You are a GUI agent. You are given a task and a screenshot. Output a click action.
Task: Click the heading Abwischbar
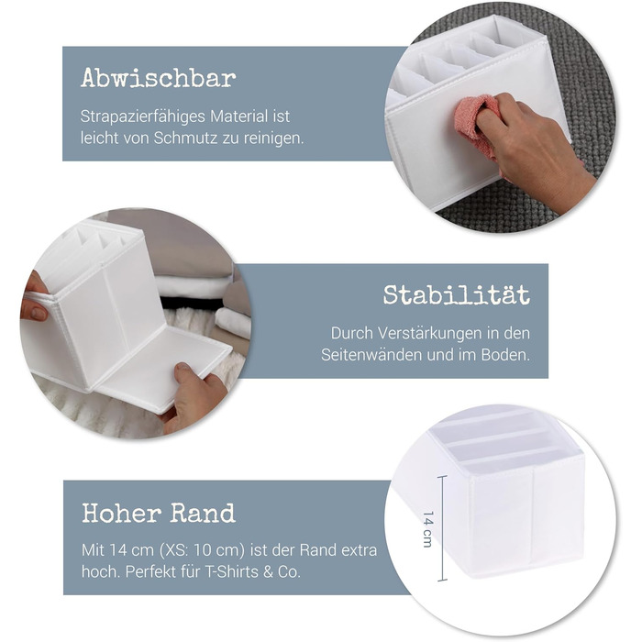[159, 78]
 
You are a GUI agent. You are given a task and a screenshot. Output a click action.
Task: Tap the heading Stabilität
[457, 294]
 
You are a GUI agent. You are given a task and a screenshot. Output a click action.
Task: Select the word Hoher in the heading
[122, 513]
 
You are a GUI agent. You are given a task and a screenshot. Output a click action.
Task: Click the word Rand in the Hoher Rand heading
[203, 513]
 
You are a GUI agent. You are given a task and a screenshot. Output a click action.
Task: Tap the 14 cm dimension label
[427, 529]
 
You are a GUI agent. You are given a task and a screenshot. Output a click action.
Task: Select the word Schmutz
[185, 138]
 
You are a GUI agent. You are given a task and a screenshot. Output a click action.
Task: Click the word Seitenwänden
[371, 355]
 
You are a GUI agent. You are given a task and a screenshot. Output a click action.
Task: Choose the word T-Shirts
[231, 571]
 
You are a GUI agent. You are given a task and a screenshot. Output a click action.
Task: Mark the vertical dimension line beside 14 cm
[441, 528]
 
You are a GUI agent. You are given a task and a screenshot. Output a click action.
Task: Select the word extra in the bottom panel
[360, 550]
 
